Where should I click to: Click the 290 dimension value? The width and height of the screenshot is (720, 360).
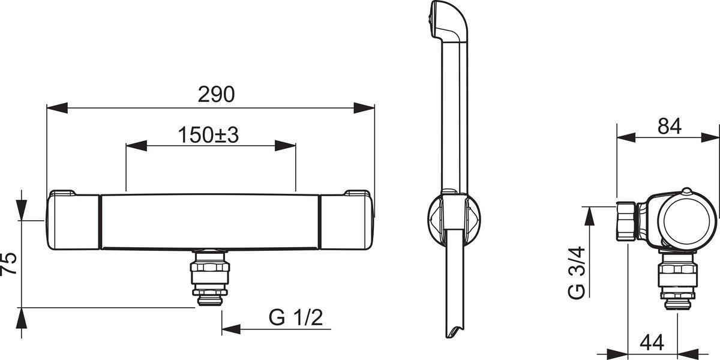(x=217, y=95)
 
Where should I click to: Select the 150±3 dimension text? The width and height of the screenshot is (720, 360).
(x=208, y=134)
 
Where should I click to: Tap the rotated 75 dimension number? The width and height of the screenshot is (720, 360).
(x=8, y=263)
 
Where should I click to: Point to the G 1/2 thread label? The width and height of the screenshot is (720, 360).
(x=296, y=317)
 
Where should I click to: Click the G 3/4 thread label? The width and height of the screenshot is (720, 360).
(x=577, y=274)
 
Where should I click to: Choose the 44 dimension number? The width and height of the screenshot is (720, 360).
(x=652, y=343)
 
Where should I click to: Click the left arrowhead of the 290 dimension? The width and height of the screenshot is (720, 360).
(x=57, y=108)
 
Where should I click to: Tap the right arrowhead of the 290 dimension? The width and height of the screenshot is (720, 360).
(x=364, y=108)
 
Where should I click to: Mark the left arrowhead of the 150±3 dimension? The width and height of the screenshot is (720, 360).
(x=137, y=146)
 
